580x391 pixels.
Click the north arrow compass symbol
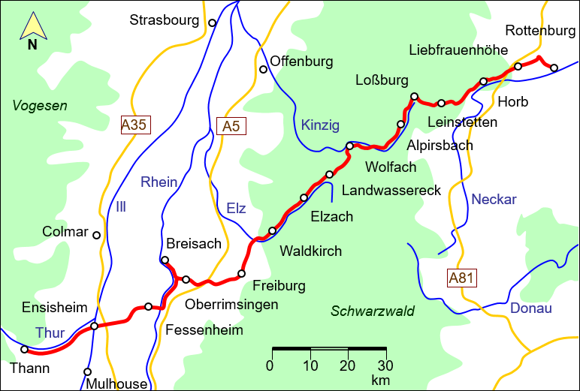click(32, 30)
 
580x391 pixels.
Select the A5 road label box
click(231, 127)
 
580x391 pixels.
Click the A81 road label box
click(461, 278)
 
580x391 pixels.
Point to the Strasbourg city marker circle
click(212, 23)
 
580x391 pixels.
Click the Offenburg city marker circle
click(263, 70)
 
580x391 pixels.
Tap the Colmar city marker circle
click(96, 235)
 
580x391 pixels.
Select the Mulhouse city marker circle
click(88, 371)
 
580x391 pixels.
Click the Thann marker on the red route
click(24, 349)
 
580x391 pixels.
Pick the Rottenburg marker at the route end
click(554, 68)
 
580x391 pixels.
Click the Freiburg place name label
click(279, 286)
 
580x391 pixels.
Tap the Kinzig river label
click(320, 125)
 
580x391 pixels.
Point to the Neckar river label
click(494, 199)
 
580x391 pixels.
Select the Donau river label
click(530, 308)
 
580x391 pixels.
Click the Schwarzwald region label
click(373, 311)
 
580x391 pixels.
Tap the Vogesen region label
click(40, 106)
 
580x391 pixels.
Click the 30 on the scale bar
click(385, 365)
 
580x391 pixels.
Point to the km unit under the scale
click(380, 380)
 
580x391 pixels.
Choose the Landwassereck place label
click(391, 191)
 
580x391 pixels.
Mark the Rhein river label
click(159, 182)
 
